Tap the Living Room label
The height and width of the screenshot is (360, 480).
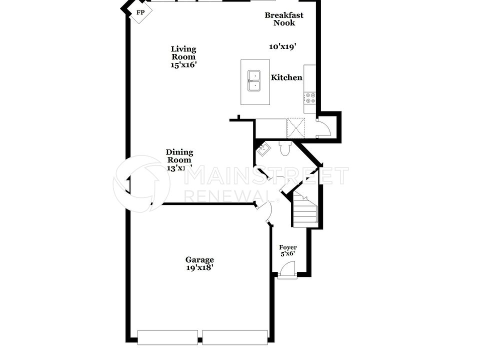[183, 52]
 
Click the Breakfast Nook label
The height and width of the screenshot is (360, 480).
[284, 19]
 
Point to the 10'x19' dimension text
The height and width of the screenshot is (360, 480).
[283, 46]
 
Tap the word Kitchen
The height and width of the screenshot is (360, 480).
[286, 77]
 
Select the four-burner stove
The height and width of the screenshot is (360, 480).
[310, 97]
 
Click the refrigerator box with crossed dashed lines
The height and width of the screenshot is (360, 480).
[295, 127]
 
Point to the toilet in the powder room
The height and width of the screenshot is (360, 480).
[285, 148]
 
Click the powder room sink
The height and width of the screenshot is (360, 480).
[263, 149]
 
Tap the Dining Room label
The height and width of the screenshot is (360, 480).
[179, 156]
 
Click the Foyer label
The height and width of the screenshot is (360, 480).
[287, 247]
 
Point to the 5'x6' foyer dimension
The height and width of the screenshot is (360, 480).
[287, 254]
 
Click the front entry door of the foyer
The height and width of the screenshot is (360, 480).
[286, 270]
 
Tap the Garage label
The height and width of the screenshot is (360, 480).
[199, 259]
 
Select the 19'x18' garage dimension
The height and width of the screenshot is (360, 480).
[199, 267]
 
